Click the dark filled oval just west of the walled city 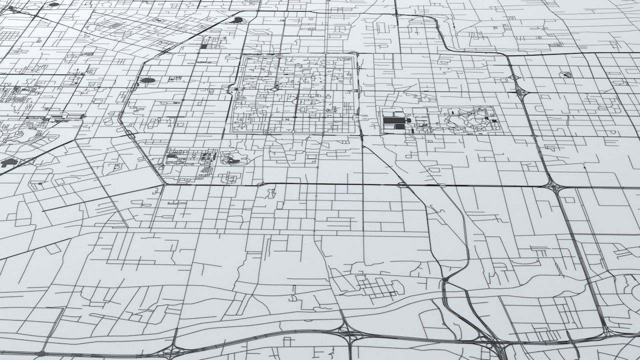tap(147, 80)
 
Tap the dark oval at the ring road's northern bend tap(238, 20)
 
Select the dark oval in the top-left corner tap(53, 4)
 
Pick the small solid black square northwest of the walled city tap(203, 46)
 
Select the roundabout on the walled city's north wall tap(279, 55)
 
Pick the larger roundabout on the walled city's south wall tap(267, 133)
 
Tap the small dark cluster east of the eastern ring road tap(566, 75)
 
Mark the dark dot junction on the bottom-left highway tap(41, 353)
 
